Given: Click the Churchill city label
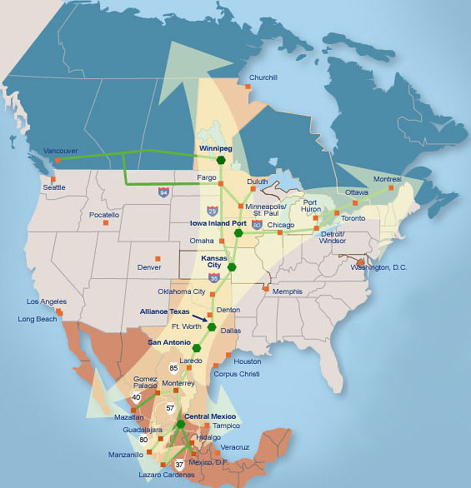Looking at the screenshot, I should coord(263,77).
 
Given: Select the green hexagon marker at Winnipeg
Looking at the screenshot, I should coord(221,160).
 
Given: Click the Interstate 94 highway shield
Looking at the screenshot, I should coord(163,192).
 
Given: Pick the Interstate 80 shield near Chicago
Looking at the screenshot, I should coord(257,225).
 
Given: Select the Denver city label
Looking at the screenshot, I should coord(149,267).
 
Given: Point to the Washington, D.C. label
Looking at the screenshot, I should coord(380,267).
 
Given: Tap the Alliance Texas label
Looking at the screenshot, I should coord(164,311).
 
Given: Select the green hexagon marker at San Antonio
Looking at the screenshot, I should coord(197,347).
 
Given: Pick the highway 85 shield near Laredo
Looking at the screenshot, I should coord(174,367).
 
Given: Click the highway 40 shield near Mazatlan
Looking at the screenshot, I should coord(136,397).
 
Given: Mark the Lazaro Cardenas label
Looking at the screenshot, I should coord(166,475).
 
